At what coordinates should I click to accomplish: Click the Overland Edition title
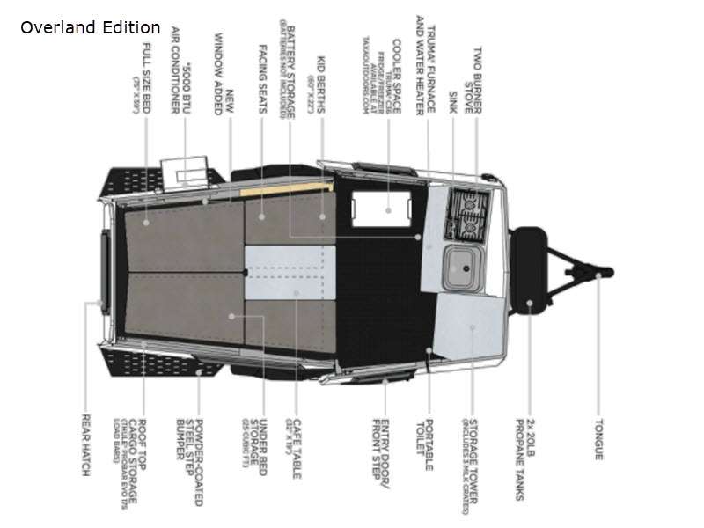(x=91, y=27)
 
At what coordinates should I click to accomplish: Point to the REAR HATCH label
(x=86, y=445)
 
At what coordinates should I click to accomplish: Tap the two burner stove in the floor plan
(x=466, y=214)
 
